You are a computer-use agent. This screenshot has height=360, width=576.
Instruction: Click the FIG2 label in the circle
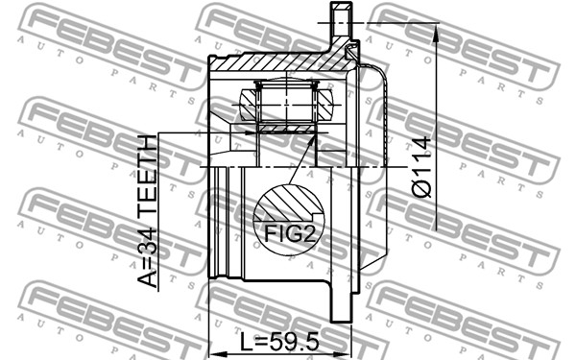[x=290, y=233]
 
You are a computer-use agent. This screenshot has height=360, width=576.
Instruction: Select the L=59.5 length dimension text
[x=279, y=343]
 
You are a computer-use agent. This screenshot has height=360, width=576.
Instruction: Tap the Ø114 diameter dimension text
[x=421, y=167]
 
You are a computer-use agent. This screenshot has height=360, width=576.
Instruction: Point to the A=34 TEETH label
[x=147, y=211]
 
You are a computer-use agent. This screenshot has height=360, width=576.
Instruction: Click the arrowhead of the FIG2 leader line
[x=313, y=140]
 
